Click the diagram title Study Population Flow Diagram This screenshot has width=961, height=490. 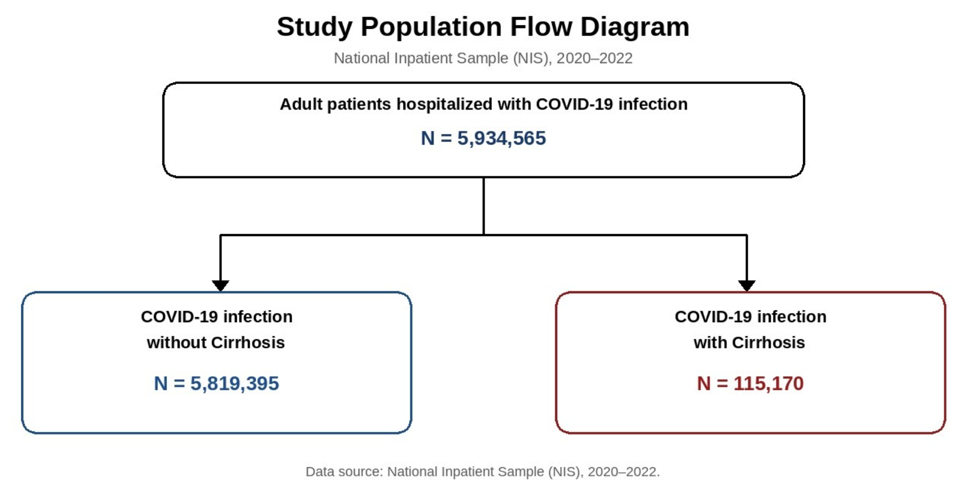(x=483, y=27)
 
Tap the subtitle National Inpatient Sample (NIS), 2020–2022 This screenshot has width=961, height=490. (x=483, y=58)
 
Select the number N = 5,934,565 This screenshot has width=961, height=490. (x=483, y=138)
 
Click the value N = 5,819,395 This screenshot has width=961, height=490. (x=216, y=383)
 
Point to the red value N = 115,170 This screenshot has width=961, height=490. (x=750, y=383)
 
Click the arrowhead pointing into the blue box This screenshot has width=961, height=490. (x=220, y=286)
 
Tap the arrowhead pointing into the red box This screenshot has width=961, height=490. (x=746, y=286)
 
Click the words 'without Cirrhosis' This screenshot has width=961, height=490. (x=216, y=342)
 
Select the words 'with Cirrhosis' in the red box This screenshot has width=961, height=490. (x=749, y=342)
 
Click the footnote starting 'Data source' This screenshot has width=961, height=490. (x=483, y=472)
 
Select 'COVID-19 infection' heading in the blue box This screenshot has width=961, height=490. (x=217, y=317)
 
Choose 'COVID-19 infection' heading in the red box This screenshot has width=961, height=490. (x=750, y=317)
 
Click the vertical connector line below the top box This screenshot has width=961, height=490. (x=484, y=206)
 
